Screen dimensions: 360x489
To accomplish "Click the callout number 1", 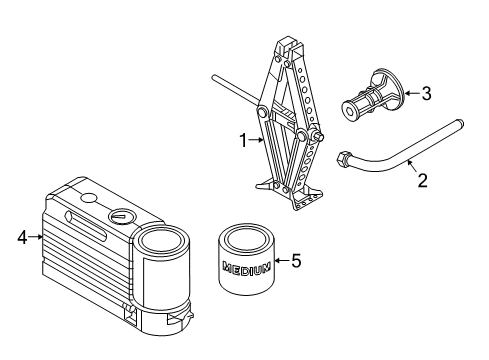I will pyautogui.click(x=240, y=142).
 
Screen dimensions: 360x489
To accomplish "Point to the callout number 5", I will pyautogui.click(x=294, y=261).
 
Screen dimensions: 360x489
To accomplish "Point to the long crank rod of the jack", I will pyautogui.click(x=236, y=90).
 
